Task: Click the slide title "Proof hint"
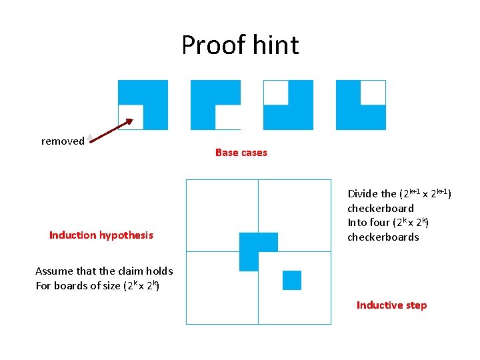[x=240, y=45]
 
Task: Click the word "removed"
[x=63, y=141]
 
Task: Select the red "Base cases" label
[x=241, y=153]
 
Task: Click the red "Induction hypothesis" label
[x=101, y=235]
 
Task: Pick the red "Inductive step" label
[x=391, y=305]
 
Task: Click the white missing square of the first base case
[x=131, y=117]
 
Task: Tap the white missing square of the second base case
[x=228, y=117]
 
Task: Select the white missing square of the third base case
[x=276, y=93]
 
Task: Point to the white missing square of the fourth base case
[x=373, y=93]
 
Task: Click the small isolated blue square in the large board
[x=292, y=280]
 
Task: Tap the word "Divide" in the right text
[x=363, y=194]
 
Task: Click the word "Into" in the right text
[x=357, y=223]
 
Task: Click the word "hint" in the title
[x=276, y=45]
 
